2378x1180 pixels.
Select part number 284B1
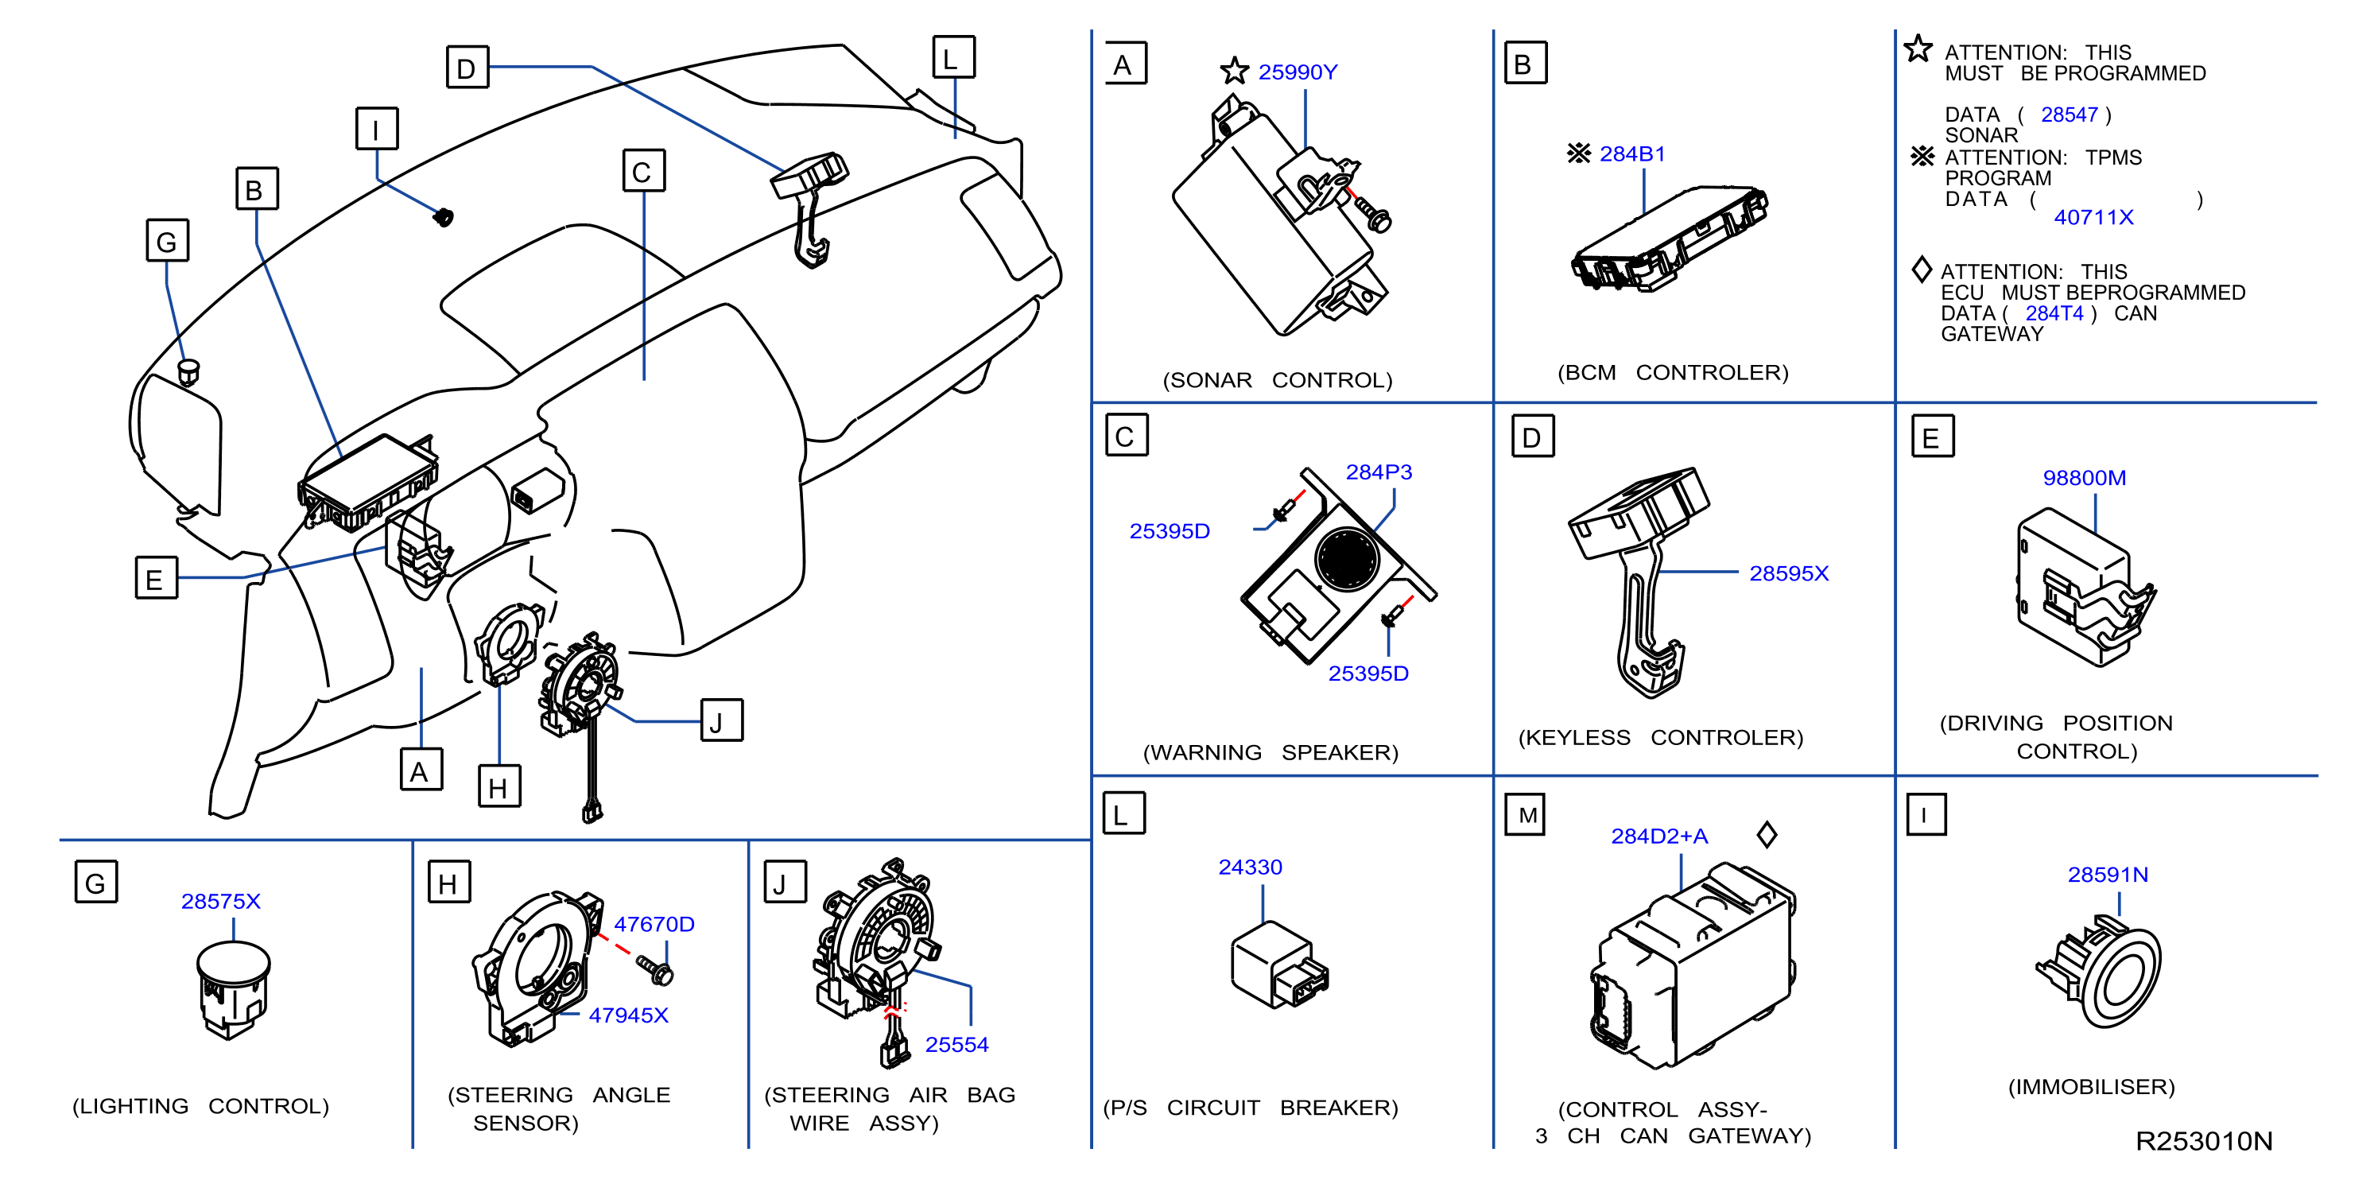[x=1631, y=154]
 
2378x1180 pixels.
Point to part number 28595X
[x=1788, y=573]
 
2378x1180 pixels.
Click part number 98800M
[x=2084, y=477]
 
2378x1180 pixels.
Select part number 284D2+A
[x=1659, y=836]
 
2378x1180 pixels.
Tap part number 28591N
[x=2108, y=875]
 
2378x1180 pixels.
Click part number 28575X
[x=221, y=901]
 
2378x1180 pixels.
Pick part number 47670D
[x=654, y=924]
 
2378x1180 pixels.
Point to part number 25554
[x=956, y=1044]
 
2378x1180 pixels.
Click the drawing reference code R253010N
[x=2204, y=1141]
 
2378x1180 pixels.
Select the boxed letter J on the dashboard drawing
[x=722, y=720]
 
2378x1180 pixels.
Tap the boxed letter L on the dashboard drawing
[x=953, y=57]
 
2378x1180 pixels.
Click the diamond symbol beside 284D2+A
[x=1767, y=835]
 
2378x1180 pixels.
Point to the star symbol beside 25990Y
[x=1234, y=70]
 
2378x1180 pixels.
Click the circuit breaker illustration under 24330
[x=1279, y=965]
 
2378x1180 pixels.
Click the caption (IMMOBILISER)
[x=2091, y=1087]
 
